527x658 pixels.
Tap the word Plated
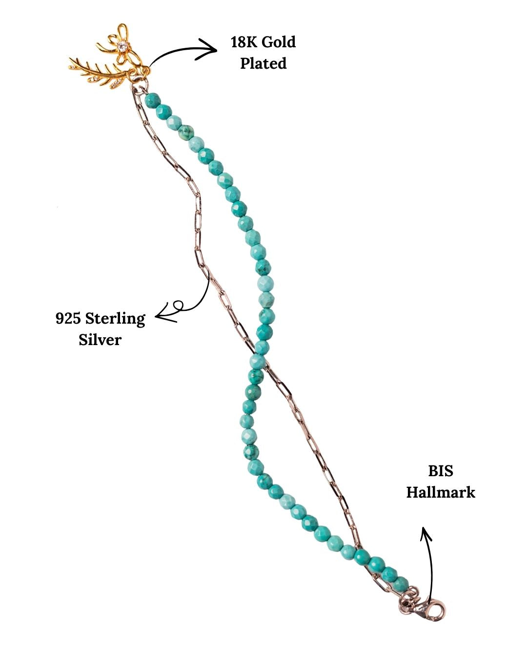pyautogui.click(x=263, y=63)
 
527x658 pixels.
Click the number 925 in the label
pyautogui.click(x=68, y=319)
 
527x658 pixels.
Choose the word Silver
pyautogui.click(x=100, y=340)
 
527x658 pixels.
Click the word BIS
pyautogui.click(x=441, y=471)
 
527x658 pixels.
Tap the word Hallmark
pyautogui.click(x=441, y=492)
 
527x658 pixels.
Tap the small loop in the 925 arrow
pyautogui.click(x=178, y=305)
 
